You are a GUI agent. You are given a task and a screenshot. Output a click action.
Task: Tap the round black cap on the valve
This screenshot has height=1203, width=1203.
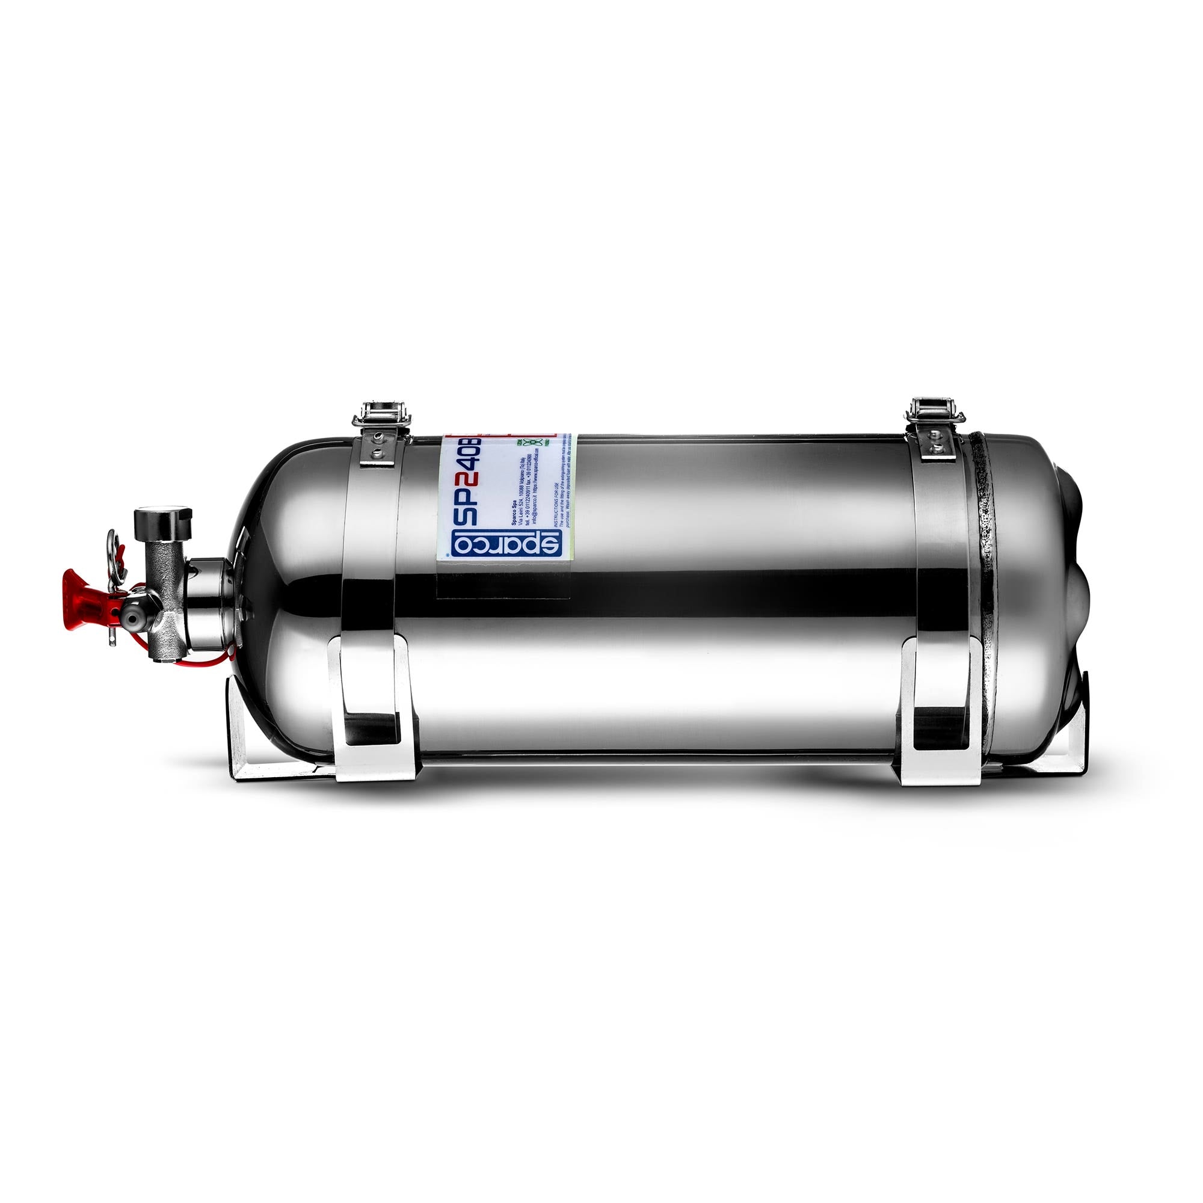click(x=163, y=525)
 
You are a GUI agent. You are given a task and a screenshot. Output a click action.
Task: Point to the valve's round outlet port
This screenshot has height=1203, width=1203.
click(x=131, y=617)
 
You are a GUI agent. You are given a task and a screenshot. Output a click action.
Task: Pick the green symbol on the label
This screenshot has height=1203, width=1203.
click(x=532, y=443)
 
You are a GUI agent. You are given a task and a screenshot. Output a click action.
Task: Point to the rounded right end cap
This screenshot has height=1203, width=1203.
click(x=1052, y=579)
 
